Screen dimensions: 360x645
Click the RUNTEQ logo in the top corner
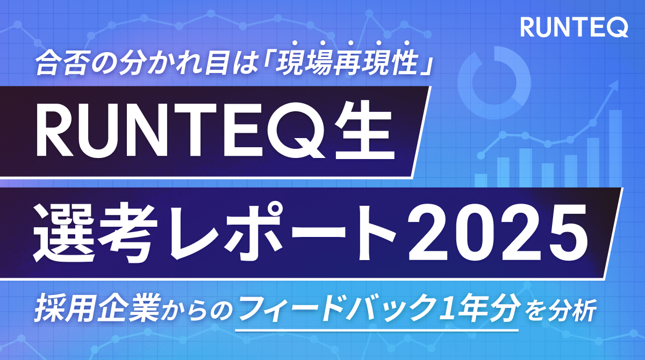(x=574, y=27)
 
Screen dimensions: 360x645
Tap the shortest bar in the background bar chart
(x=481, y=180)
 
